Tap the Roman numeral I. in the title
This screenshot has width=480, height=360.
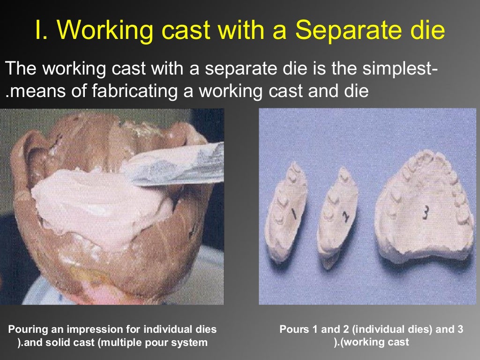pos(41,30)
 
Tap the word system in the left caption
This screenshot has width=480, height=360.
pos(190,343)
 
